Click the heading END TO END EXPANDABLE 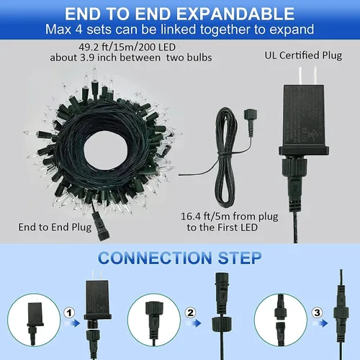coord(179,14)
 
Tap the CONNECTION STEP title coord(179,257)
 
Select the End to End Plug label coord(50,228)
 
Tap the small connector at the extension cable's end coord(251,114)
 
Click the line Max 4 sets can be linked coord(179,30)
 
